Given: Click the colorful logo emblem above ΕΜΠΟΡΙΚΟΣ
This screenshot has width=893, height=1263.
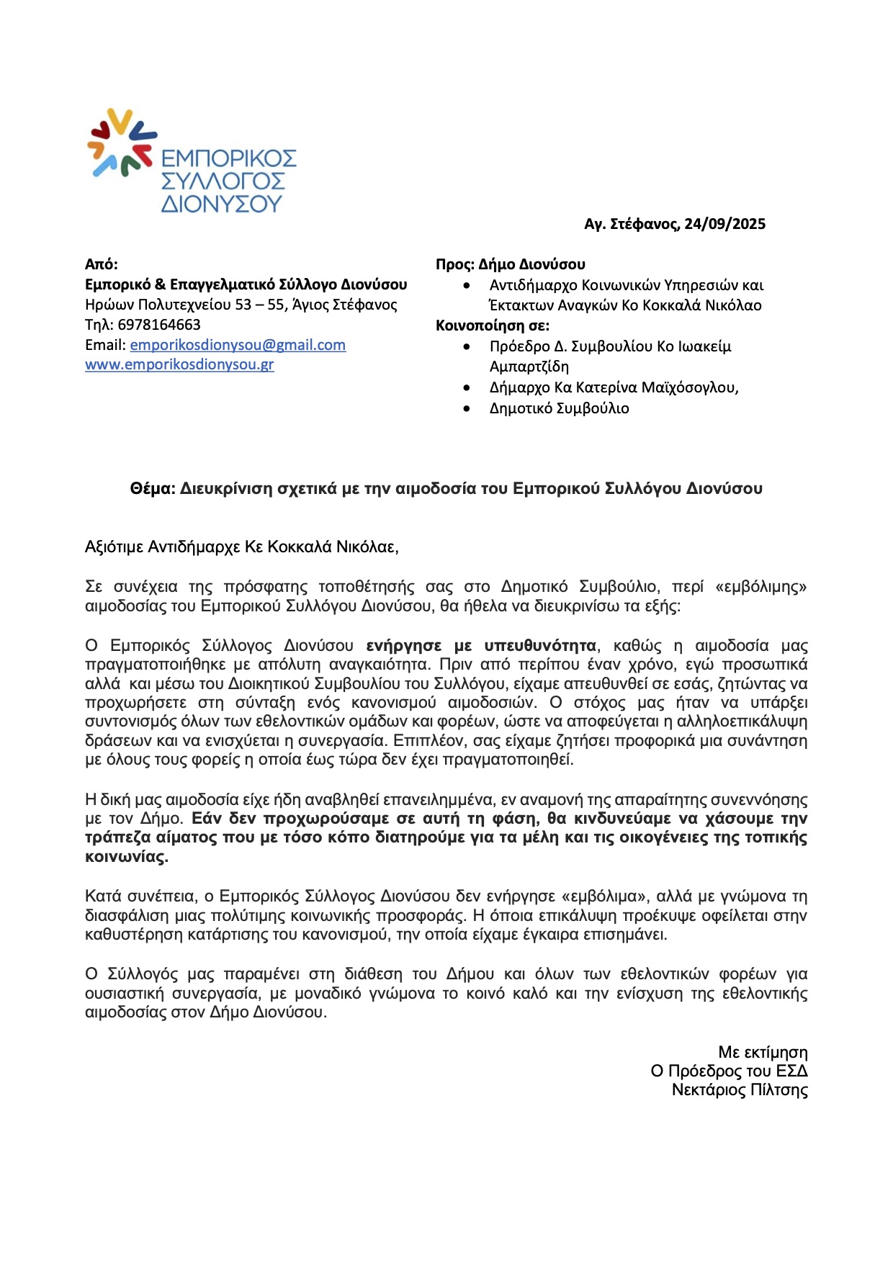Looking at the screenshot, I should point(121,143).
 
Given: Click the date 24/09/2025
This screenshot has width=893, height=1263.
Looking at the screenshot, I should point(724,224).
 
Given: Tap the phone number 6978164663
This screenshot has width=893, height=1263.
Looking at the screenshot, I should point(159,325).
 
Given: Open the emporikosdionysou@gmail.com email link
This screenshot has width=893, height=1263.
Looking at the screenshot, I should point(238,345).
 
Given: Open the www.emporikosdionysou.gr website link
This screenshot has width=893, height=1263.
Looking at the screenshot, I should point(179,364).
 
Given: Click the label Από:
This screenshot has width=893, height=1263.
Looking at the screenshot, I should point(102,264).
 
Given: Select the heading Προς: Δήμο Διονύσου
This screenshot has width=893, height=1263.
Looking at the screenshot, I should point(510,264).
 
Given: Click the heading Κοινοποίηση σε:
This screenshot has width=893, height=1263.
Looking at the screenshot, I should point(492,325).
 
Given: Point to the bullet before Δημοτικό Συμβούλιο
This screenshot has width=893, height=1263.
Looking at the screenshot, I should point(467,408).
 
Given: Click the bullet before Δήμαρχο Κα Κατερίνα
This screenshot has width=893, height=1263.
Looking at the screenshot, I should point(467,387).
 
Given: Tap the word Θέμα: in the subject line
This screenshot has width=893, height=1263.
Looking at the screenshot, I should point(152,489).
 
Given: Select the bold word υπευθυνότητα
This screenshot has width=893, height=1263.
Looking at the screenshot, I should point(540,645).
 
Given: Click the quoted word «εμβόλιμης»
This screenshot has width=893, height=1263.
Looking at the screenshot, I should point(760,587).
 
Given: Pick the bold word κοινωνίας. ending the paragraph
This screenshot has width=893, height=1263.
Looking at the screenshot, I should point(127,857).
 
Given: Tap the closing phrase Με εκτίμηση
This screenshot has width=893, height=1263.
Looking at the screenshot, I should point(763,1053).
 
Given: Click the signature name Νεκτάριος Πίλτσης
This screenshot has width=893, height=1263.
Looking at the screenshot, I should point(740,1090).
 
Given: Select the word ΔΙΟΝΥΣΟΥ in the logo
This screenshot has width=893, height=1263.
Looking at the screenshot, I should point(221,204).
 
